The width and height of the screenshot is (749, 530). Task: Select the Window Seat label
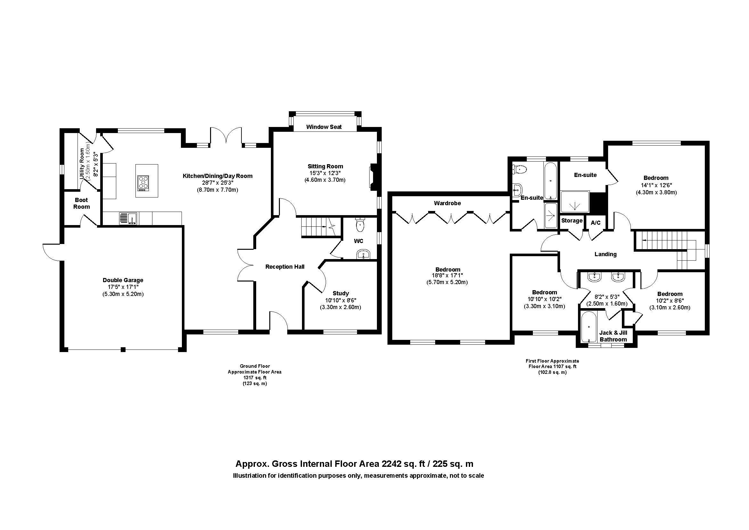(324, 127)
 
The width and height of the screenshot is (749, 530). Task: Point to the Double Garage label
(123, 280)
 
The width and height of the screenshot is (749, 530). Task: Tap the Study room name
(341, 293)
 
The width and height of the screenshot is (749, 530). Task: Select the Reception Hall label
(285, 267)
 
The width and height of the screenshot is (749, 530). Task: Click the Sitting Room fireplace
(373, 176)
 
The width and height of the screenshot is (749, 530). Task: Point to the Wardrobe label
(447, 203)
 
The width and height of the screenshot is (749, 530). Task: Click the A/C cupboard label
(596, 223)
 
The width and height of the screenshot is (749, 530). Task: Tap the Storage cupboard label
(572, 221)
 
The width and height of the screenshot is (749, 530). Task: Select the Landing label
(606, 254)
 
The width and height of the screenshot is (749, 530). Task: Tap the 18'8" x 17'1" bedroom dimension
(447, 276)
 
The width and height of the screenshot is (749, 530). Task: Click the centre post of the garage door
(123, 349)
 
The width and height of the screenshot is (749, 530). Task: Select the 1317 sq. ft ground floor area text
(255, 377)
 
